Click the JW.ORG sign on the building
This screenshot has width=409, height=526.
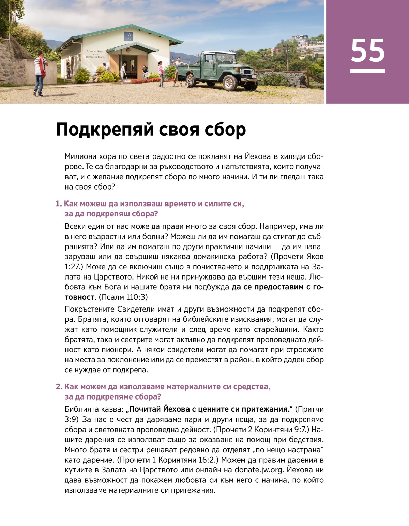(128, 36)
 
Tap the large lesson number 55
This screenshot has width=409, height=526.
(367, 51)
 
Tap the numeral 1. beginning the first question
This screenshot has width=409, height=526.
(59, 204)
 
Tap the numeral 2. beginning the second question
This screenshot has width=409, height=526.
(59, 387)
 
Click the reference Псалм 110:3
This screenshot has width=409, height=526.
(123, 297)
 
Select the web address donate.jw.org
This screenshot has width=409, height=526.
(259, 470)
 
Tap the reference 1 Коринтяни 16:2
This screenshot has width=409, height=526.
(182, 460)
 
